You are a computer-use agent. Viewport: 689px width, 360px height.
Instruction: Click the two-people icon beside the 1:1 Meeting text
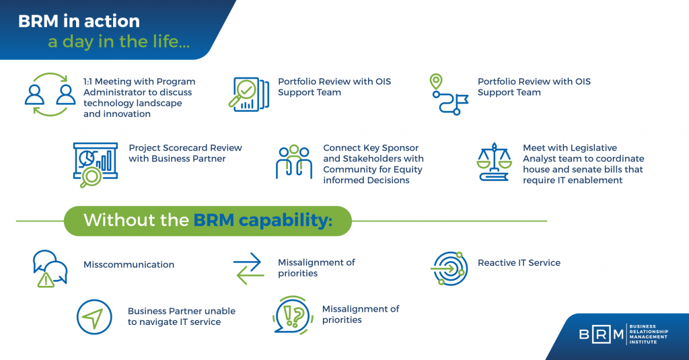(x=50, y=95)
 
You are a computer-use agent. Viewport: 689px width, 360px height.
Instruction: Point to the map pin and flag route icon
(x=447, y=94)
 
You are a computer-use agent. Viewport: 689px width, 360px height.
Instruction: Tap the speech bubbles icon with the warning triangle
(x=50, y=268)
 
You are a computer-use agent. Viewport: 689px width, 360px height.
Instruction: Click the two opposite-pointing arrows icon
(x=249, y=268)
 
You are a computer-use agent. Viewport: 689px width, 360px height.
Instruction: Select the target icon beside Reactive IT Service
(x=448, y=268)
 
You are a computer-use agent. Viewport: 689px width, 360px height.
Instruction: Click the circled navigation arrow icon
(x=94, y=317)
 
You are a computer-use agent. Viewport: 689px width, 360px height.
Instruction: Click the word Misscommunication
(x=129, y=264)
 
